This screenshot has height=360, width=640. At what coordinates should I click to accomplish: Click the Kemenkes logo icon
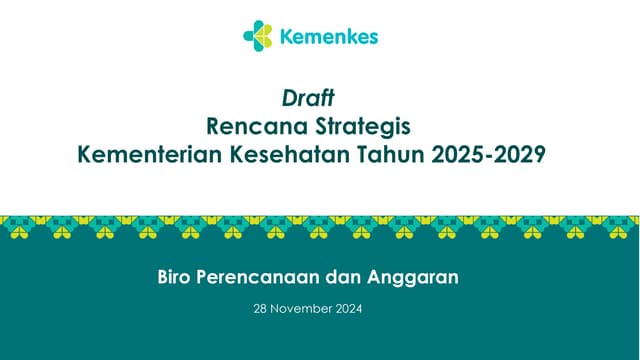tap(258, 37)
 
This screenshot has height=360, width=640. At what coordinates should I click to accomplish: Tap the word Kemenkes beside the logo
tap(328, 38)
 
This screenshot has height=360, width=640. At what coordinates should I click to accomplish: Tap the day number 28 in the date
tap(263, 309)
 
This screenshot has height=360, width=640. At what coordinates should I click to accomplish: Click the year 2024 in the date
tap(349, 309)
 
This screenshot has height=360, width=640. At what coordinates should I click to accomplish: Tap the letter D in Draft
tap(289, 98)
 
